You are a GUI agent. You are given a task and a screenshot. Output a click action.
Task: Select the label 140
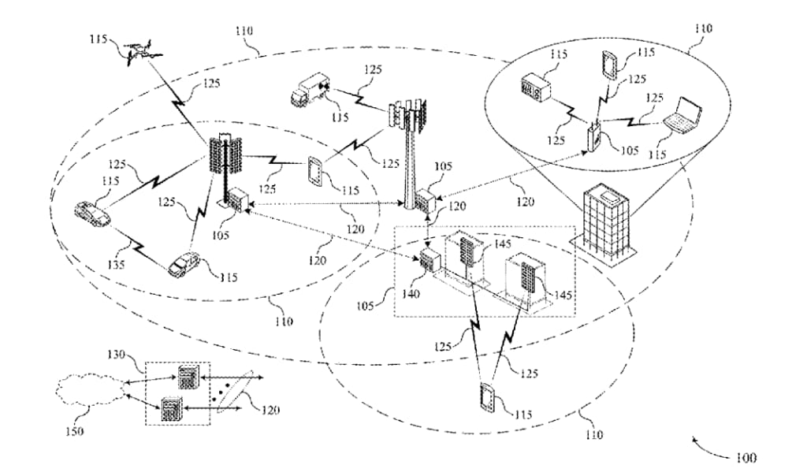click(x=410, y=294)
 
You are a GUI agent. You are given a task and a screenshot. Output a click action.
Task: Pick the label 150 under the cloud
click(x=75, y=431)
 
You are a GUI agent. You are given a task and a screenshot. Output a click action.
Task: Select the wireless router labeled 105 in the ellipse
click(x=595, y=136)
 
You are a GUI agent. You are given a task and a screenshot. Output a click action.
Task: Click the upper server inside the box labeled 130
click(x=188, y=377)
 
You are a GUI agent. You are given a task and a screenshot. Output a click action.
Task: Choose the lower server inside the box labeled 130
click(x=171, y=410)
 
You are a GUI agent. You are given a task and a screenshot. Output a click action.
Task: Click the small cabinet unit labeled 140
click(x=429, y=261)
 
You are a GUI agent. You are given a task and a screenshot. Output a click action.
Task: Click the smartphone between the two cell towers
click(x=315, y=171)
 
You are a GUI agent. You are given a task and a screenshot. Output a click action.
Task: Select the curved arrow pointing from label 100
click(x=708, y=447)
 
